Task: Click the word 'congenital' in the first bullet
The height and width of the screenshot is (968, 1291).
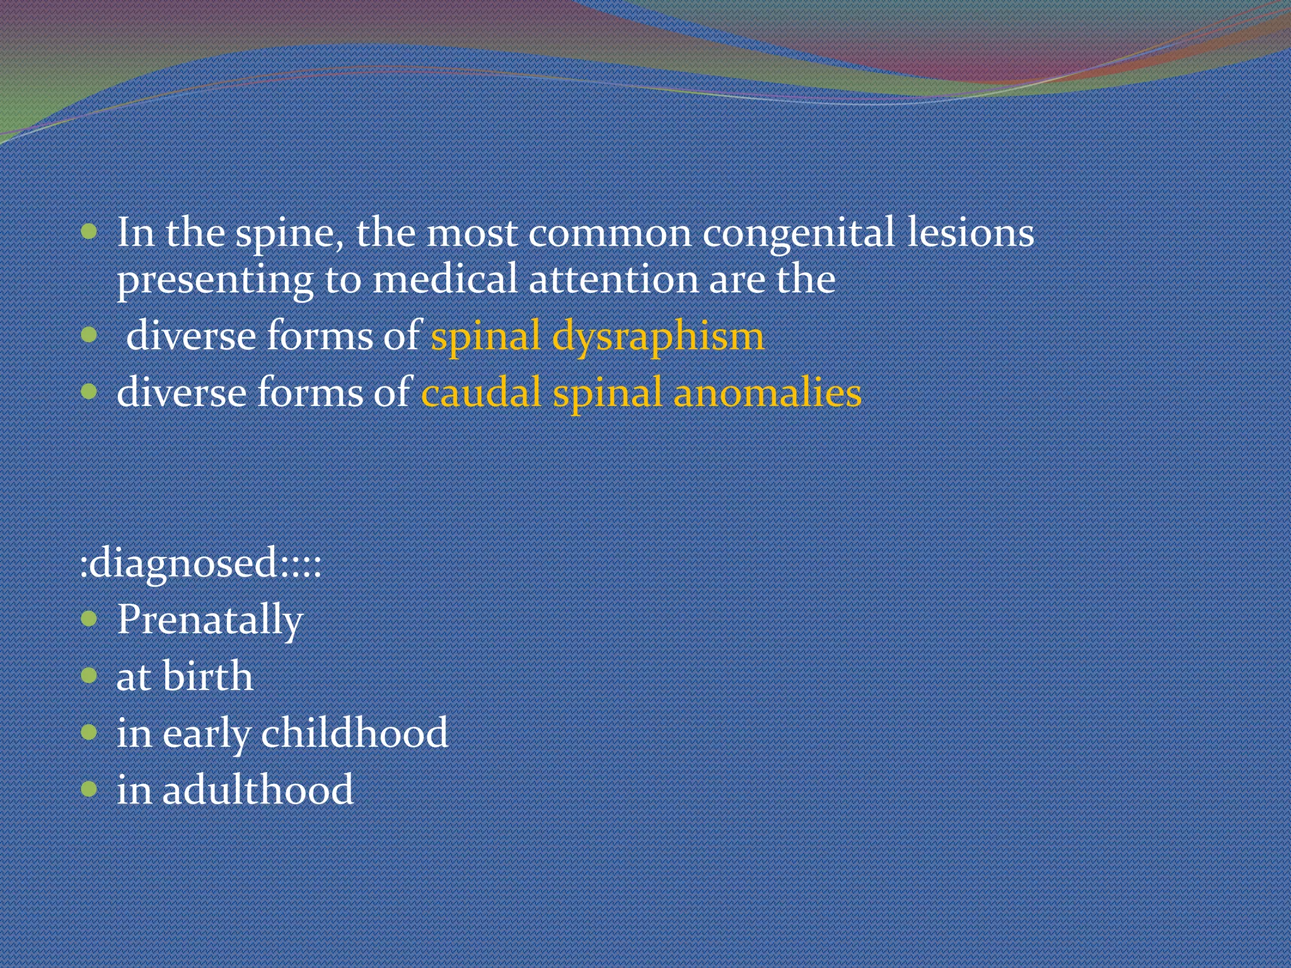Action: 798,234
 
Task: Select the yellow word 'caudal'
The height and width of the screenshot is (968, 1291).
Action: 480,393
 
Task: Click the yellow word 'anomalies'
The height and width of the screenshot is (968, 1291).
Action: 767,393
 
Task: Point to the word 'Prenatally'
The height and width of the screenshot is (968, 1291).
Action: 210,620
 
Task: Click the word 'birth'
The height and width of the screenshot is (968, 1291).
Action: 207,676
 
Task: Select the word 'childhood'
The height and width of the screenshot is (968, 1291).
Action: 354,733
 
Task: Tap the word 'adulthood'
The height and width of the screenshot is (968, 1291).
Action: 258,790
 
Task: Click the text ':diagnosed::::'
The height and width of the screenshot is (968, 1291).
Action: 200,563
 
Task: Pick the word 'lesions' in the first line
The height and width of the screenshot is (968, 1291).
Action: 970,233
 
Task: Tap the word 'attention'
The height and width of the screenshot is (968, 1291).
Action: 613,279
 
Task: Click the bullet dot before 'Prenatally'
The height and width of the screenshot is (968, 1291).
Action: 90,619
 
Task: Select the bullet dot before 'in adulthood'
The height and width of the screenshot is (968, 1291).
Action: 90,788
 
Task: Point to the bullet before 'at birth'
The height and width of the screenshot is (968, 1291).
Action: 90,676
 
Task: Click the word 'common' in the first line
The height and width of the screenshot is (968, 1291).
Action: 610,234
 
